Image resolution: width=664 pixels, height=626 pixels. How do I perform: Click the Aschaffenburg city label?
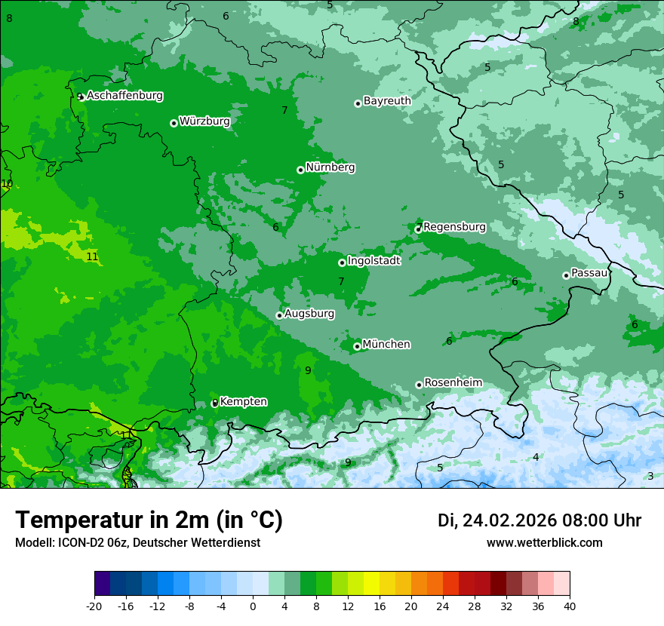[x=124, y=96]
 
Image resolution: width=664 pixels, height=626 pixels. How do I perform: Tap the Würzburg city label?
[x=204, y=121]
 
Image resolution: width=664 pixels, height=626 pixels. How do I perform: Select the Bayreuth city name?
[x=387, y=101]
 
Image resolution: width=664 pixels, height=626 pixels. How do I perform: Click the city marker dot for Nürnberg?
[x=300, y=170]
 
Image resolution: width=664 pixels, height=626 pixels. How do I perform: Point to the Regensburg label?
[x=454, y=227]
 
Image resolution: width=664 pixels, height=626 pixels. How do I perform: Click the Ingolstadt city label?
[x=373, y=261]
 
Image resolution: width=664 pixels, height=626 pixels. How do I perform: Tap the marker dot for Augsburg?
[x=279, y=315]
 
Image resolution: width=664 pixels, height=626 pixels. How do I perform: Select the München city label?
[x=386, y=345]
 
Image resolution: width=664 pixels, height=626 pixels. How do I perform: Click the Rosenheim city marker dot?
[x=419, y=385]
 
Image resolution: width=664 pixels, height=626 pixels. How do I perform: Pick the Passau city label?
[x=589, y=273]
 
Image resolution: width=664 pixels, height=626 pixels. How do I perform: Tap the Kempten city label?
[x=243, y=402]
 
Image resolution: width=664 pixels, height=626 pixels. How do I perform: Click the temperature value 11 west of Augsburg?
[x=92, y=257]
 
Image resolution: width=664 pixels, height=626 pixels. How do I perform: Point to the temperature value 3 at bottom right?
[x=650, y=476]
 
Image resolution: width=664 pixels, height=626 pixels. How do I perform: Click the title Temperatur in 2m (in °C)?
[x=149, y=520]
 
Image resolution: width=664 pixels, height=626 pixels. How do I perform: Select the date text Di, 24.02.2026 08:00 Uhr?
[x=539, y=520]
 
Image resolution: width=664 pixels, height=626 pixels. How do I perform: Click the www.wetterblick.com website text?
[x=544, y=543]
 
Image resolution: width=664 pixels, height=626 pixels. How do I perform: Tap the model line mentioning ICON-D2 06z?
[x=137, y=543]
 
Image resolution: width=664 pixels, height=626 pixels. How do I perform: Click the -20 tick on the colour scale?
[x=94, y=606]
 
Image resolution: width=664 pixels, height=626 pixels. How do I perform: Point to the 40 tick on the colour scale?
[x=570, y=606]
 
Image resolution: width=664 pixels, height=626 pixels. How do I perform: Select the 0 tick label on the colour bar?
[x=253, y=606]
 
